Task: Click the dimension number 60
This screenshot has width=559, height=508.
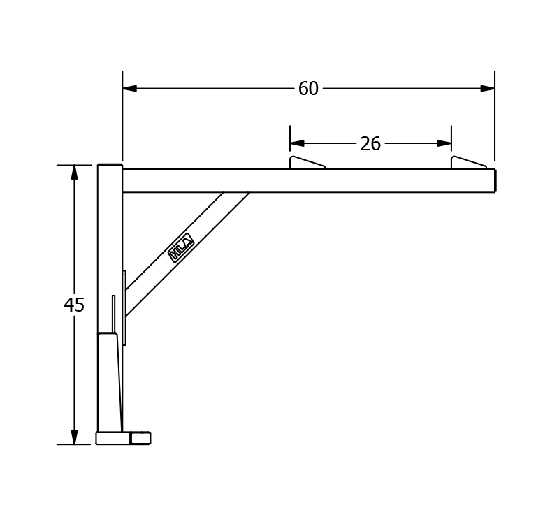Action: [308, 89]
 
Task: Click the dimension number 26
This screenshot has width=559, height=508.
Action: [370, 144]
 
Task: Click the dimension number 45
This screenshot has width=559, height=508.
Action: [74, 305]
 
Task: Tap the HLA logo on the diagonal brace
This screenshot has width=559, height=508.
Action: [181, 248]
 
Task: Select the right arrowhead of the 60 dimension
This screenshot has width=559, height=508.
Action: [487, 89]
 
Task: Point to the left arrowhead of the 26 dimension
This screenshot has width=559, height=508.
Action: [297, 143]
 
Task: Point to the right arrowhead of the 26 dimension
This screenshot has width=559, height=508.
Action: [444, 143]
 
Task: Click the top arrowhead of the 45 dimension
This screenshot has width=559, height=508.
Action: [74, 173]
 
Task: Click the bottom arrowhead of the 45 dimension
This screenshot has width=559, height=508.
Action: [74, 437]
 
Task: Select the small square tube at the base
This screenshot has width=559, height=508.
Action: [140, 438]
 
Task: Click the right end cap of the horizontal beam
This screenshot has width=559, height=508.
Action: [495, 180]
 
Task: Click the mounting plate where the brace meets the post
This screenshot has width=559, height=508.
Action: [124, 307]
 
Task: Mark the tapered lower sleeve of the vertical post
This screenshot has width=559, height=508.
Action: [108, 383]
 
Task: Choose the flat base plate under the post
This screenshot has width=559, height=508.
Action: [112, 438]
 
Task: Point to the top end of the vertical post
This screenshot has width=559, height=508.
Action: [110, 166]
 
